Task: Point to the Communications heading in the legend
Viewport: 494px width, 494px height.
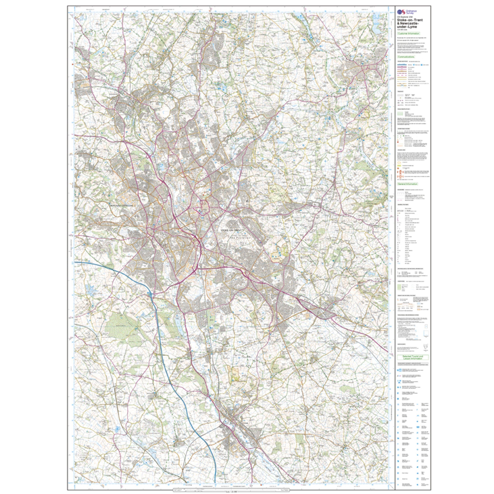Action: (x=406, y=57)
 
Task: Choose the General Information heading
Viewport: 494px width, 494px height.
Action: (x=407, y=184)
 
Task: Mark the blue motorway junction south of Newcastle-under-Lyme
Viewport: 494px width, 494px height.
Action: (x=150, y=294)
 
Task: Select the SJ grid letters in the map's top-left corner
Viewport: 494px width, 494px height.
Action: (x=83, y=18)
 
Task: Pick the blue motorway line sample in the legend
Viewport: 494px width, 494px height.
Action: (x=403, y=65)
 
